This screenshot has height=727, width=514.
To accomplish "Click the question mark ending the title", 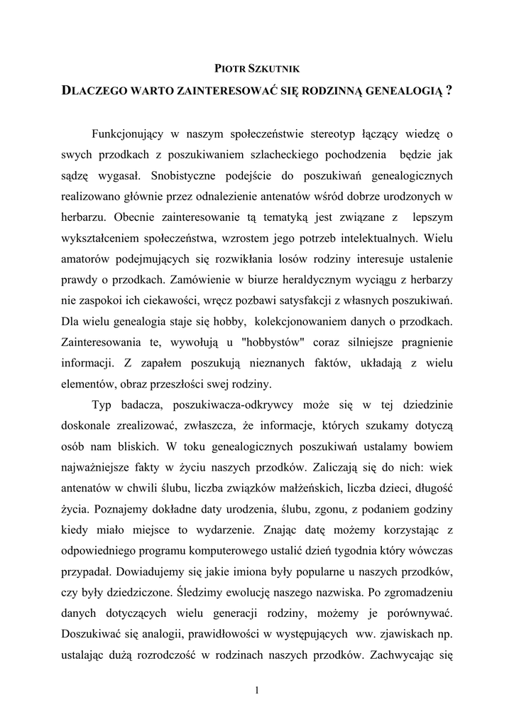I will point(449,92).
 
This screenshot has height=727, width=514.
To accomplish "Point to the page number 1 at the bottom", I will point(257,689).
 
